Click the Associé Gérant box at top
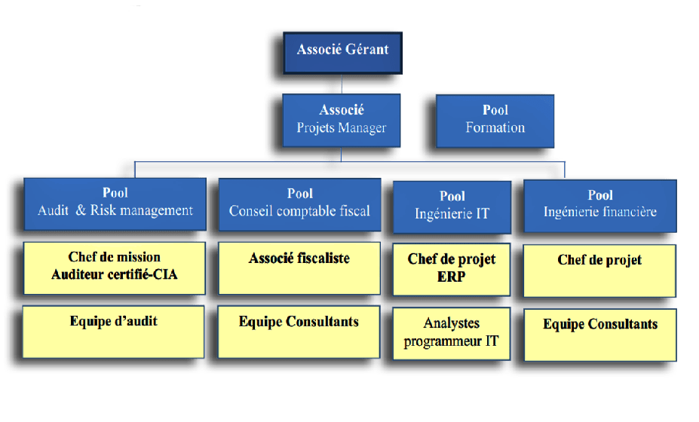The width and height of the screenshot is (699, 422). click(342, 51)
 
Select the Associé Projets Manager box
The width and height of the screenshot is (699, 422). click(342, 119)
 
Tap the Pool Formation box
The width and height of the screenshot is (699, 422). click(495, 119)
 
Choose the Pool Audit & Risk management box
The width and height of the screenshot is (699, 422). click(115, 203)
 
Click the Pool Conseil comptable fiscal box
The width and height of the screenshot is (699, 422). click(299, 203)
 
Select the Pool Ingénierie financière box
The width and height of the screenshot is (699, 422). click(599, 204)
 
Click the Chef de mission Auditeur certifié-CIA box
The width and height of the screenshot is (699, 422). click(114, 267)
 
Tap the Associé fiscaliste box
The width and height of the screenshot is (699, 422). click(299, 267)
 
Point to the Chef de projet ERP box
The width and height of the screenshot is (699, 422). click(452, 269)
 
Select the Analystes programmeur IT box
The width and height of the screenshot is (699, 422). click(452, 333)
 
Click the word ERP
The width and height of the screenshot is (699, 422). click(452, 277)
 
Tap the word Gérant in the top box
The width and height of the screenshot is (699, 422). click(366, 50)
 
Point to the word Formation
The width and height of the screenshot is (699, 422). click(495, 127)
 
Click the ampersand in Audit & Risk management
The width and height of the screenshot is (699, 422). click(80, 211)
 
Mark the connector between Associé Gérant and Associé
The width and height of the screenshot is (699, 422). click(342, 84)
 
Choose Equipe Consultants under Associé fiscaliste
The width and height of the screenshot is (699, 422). click(299, 323)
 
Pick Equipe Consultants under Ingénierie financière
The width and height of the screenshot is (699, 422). click(599, 325)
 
